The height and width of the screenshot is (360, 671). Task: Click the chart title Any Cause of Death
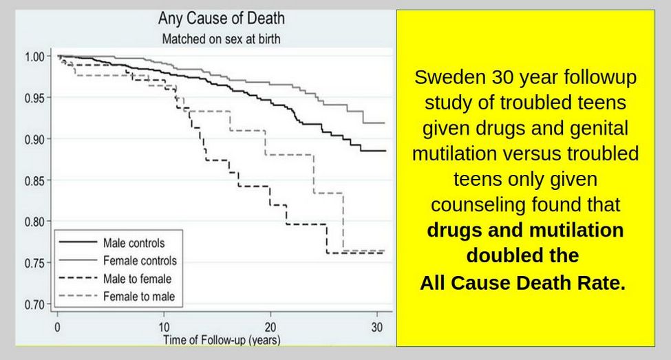pos(221,19)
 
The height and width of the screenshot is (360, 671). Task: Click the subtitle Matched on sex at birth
pos(221,39)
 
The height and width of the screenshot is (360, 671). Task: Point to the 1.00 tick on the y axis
pos(35,56)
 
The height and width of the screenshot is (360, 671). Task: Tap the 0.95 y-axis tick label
pos(35,98)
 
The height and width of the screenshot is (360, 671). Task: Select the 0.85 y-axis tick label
pos(35,181)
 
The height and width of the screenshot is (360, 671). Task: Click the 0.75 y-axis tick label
pos(35,263)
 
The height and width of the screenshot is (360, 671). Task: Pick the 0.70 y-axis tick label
pos(35,305)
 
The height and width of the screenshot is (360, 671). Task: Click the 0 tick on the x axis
pos(57,328)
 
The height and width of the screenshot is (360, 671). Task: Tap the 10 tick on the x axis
pos(164,328)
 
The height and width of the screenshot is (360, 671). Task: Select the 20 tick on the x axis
pos(270,328)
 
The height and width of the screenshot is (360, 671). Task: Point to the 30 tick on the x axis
pos(377,328)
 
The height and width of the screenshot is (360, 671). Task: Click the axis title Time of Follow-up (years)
pos(222,340)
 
